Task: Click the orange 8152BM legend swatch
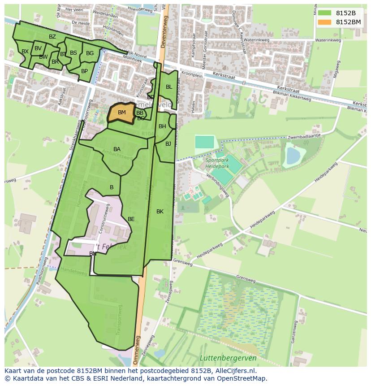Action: click(x=325, y=22)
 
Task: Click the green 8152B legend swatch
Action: click(x=325, y=13)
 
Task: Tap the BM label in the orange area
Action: click(x=121, y=113)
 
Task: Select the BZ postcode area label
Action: click(x=52, y=37)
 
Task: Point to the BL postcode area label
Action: click(x=169, y=87)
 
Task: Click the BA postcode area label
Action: click(x=117, y=149)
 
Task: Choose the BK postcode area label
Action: click(x=160, y=212)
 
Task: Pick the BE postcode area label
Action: click(x=131, y=219)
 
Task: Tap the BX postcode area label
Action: click(x=25, y=52)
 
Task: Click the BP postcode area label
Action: click(x=84, y=71)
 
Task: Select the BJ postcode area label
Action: click(x=168, y=144)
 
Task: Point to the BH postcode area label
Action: click(x=162, y=126)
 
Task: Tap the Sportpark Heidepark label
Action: click(x=218, y=163)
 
